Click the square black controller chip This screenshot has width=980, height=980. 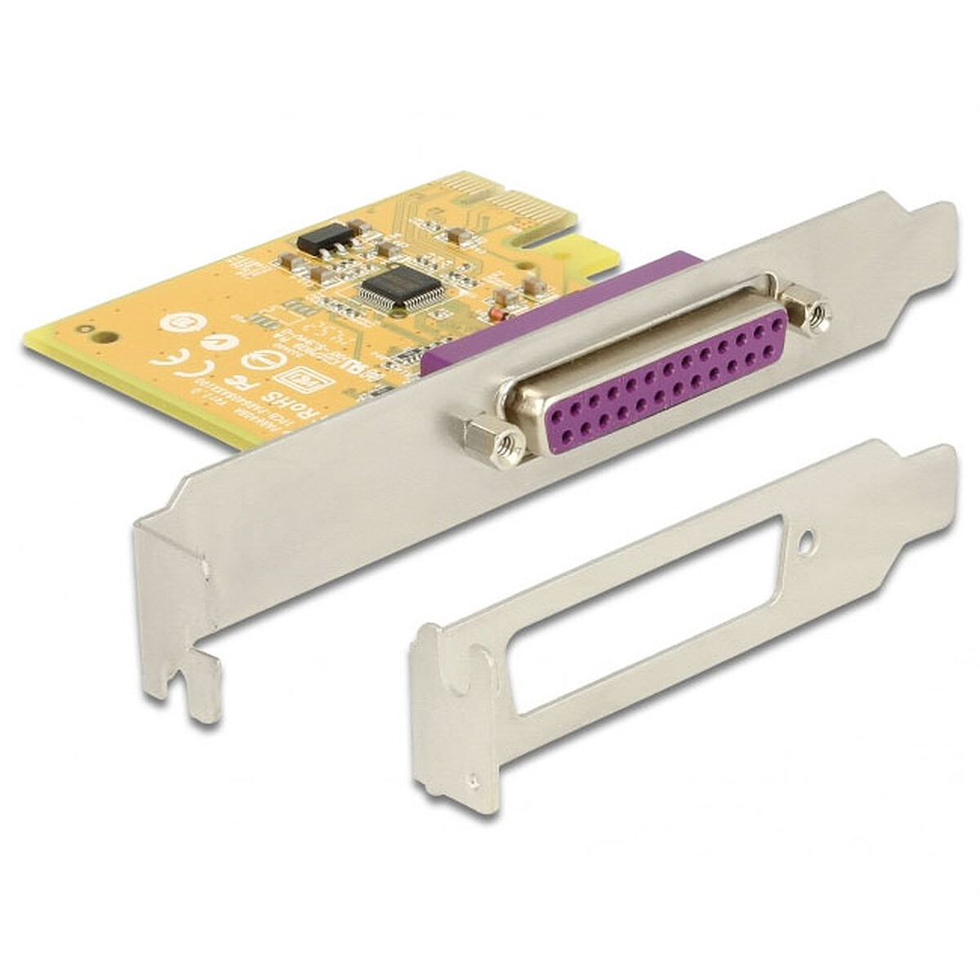[400, 287]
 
